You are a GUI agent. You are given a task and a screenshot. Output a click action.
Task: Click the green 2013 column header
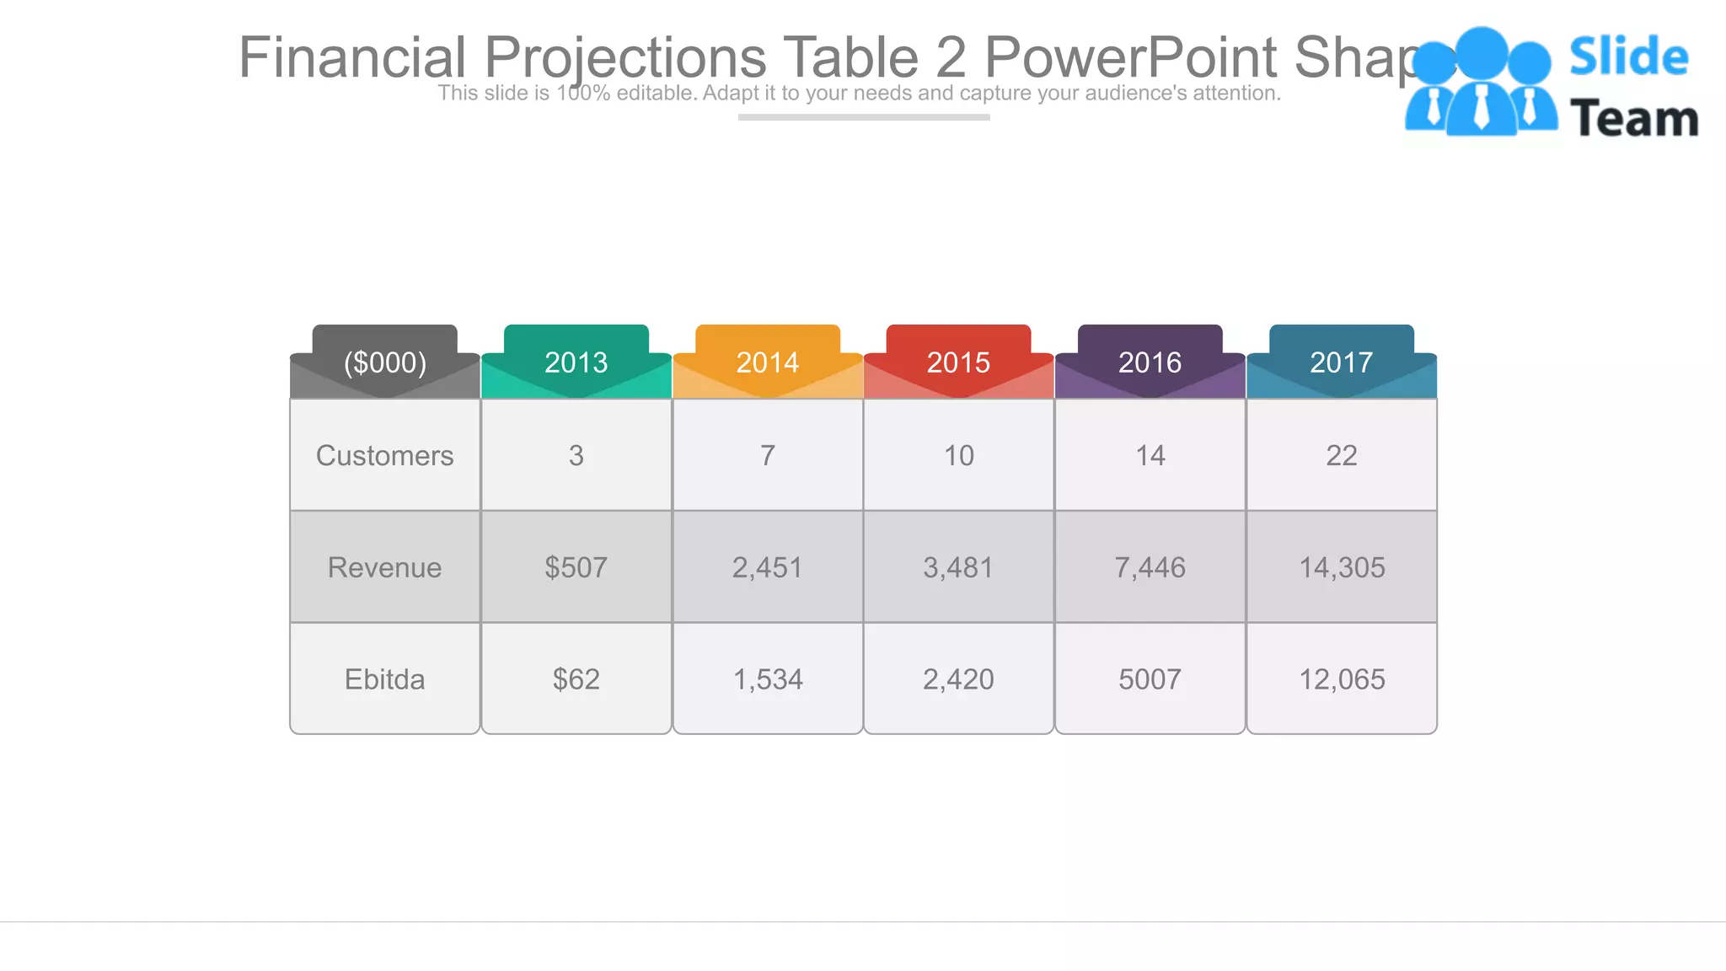tap(576, 362)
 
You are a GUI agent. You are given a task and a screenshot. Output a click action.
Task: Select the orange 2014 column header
tap(767, 362)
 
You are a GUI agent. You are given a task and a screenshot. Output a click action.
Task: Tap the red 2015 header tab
tap(958, 362)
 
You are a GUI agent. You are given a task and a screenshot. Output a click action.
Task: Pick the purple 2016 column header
tap(1150, 362)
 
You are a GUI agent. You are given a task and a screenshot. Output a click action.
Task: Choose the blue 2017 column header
tap(1341, 362)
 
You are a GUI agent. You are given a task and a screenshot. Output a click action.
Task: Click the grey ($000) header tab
tap(385, 362)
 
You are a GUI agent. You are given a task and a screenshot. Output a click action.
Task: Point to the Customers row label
tap(385, 455)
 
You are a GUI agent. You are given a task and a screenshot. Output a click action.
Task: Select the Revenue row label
tap(385, 567)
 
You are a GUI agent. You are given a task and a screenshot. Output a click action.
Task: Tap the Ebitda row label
tap(385, 679)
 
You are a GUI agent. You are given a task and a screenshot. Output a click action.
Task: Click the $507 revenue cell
tap(576, 567)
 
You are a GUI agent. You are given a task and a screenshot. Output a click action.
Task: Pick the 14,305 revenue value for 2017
tap(1342, 567)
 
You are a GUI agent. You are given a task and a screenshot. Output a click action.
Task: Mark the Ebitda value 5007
tap(1150, 679)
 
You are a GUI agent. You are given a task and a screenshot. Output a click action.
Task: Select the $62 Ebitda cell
tap(576, 679)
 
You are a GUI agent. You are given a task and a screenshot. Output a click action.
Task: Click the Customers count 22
tap(1342, 455)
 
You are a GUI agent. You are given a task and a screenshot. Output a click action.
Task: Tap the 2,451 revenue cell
tap(767, 567)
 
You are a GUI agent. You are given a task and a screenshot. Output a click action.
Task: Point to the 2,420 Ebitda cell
tap(958, 679)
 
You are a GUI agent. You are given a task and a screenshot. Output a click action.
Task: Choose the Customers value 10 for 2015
tap(958, 455)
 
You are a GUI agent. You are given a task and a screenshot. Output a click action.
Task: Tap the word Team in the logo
tap(1633, 118)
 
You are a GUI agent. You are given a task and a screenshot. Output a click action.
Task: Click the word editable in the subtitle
tap(655, 93)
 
